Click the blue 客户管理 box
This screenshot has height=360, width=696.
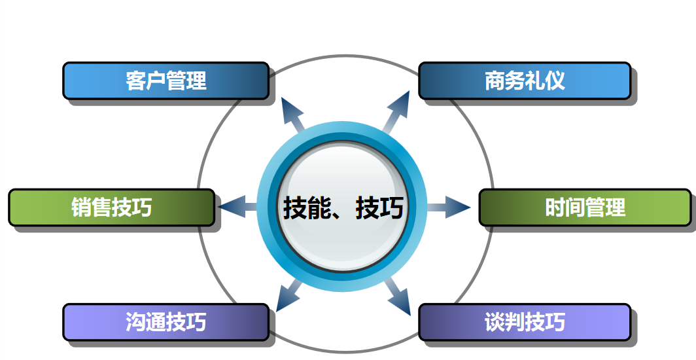(x=166, y=81)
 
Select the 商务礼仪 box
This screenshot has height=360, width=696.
(x=525, y=81)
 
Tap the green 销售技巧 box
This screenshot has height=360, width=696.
(x=112, y=207)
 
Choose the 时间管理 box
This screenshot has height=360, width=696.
(x=585, y=207)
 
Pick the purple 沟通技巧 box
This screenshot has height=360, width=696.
(x=166, y=322)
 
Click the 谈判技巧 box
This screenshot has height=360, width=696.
(x=525, y=322)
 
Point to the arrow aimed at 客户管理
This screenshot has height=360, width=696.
(x=294, y=115)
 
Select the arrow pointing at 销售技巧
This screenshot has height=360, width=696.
(x=238, y=207)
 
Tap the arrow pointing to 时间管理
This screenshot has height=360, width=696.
(x=448, y=207)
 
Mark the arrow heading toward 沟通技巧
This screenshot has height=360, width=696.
(x=289, y=296)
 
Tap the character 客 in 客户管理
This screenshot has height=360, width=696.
(x=135, y=81)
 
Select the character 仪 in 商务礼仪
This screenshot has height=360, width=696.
(x=555, y=81)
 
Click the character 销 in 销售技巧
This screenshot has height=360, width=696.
(x=81, y=207)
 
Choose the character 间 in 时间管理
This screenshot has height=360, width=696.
(x=575, y=207)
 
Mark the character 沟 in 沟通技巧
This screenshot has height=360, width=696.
(x=135, y=322)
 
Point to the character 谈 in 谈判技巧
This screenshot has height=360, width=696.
(x=495, y=322)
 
